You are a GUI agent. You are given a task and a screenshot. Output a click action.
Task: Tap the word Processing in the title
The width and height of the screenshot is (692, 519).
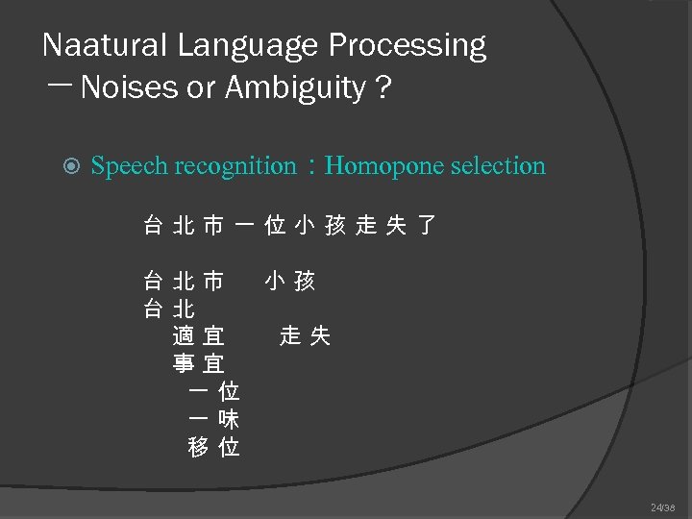click(x=408, y=45)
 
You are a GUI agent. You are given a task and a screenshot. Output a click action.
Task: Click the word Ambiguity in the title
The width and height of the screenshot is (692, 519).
click(x=296, y=88)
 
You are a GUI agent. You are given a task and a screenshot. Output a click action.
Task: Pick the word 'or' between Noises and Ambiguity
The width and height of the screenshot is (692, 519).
click(x=203, y=88)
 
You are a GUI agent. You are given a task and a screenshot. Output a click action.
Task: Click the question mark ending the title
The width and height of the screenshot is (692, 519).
click(x=384, y=88)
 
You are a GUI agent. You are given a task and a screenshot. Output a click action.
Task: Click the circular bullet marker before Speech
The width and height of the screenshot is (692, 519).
click(x=67, y=166)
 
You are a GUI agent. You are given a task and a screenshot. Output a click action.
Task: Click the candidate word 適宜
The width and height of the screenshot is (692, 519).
click(x=199, y=336)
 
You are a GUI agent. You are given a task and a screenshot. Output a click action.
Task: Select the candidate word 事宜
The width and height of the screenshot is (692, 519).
click(x=199, y=364)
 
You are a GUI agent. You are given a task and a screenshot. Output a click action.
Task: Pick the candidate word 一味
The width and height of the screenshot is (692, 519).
click(x=214, y=419)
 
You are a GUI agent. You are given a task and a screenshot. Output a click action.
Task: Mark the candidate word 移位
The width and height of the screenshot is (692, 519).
click(x=214, y=447)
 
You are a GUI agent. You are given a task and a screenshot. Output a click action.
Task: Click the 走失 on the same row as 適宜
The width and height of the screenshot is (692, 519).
click(x=306, y=336)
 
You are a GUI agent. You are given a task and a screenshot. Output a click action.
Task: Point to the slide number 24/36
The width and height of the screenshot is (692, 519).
click(x=663, y=507)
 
